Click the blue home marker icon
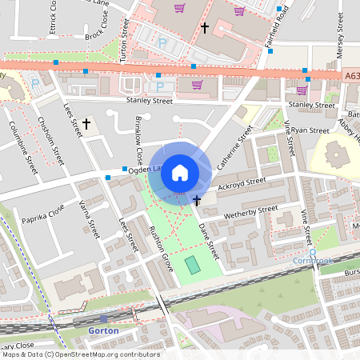coord(180,172)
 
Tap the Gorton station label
coord(104,330)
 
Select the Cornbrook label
coord(315,261)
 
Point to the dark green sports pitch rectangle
coord(192,263)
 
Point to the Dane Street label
coord(208,240)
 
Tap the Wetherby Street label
coord(251,212)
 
